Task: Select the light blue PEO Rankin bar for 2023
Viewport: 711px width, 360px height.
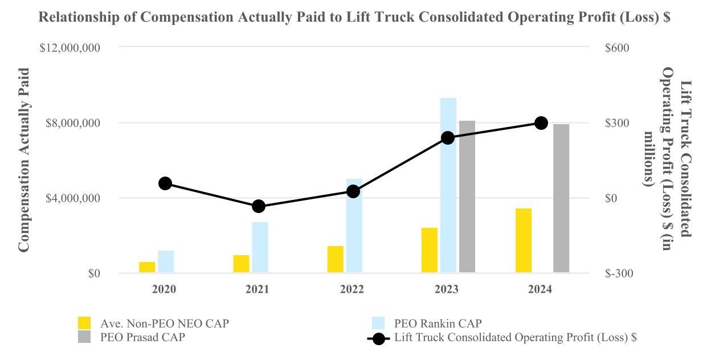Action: coord(448,185)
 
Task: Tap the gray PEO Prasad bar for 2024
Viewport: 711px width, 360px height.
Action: coord(561,198)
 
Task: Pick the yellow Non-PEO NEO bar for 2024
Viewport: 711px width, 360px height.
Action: coord(524,240)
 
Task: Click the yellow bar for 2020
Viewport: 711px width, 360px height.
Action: coord(147,267)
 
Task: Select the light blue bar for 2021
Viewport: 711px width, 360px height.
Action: coord(260,247)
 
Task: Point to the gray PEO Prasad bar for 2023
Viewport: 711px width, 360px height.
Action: coord(467,197)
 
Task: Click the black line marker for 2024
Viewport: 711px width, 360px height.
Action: coord(542,123)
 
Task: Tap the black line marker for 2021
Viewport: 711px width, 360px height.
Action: coord(259,206)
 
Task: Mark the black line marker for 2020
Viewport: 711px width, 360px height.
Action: coord(165,183)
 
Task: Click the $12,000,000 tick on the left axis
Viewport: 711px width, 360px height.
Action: coord(70,48)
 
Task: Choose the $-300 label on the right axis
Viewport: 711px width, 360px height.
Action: coord(616,273)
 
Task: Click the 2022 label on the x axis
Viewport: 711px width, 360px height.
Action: coord(352,289)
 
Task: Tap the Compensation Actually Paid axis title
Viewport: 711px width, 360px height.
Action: coord(24,159)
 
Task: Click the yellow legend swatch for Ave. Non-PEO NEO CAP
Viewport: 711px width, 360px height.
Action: coord(84,323)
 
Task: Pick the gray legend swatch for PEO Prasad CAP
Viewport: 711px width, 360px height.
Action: coord(84,337)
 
